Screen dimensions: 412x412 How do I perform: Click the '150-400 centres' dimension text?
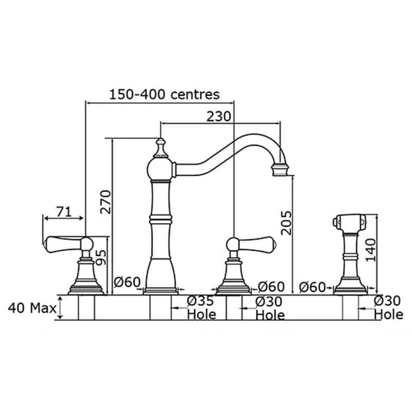pos(164,94)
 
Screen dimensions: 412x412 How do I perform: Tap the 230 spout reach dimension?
pos(218,116)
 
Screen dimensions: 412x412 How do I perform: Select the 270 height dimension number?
pos(106,201)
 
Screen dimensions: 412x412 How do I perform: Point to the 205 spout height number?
pos(286,223)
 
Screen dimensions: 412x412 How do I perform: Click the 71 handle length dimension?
pos(63,212)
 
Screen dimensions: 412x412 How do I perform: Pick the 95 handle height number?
pos(101,257)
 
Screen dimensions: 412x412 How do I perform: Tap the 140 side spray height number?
pos(371,250)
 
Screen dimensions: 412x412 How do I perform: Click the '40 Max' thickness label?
pos(32,307)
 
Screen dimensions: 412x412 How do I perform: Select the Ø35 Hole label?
pos(201,307)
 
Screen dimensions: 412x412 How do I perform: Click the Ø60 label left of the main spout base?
pos(127,282)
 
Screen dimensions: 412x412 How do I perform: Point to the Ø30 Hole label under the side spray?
pos(388,307)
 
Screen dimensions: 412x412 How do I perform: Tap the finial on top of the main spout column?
pos(160,148)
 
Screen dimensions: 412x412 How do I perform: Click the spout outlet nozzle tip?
pos(280,170)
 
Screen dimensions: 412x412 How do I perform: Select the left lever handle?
pos(70,244)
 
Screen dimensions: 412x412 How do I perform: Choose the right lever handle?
pos(251,244)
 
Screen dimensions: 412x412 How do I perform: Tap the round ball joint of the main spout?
pos(160,169)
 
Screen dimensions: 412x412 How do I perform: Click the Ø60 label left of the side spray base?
pos(313,287)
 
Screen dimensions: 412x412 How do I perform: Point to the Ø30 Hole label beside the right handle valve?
pos(270,308)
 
